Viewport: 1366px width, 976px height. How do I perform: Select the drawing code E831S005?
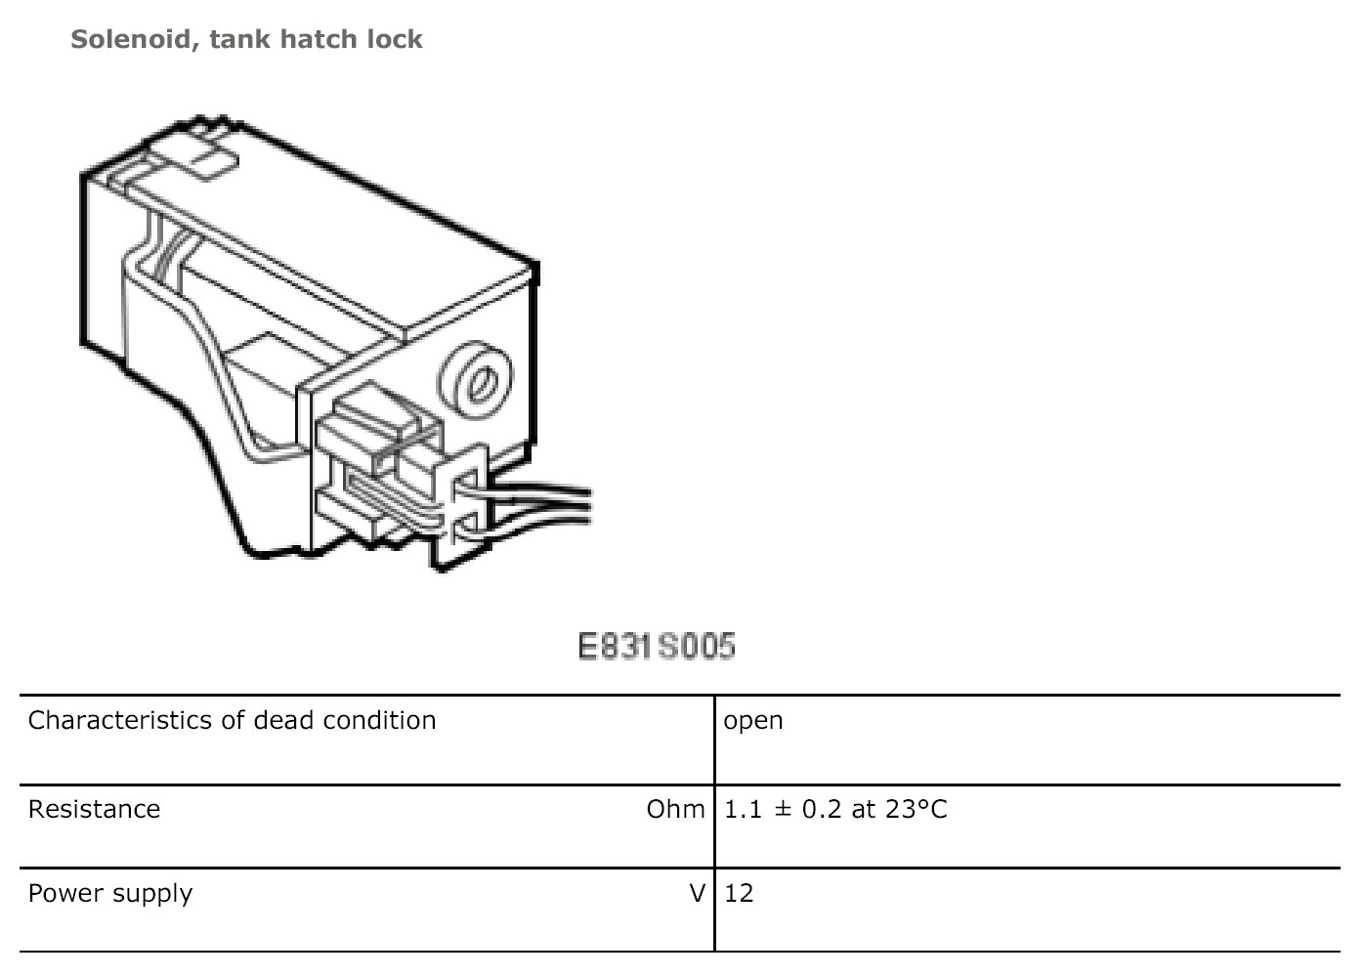(656, 647)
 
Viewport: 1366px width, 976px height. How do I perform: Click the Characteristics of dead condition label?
(232, 721)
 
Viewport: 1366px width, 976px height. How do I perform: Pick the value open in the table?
(752, 721)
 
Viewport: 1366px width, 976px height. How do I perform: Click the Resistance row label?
(94, 810)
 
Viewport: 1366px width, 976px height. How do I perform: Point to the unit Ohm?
(674, 810)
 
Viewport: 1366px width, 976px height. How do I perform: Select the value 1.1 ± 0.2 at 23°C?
(835, 810)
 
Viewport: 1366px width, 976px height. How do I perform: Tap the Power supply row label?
(109, 894)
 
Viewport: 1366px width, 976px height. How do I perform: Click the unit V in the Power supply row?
(697, 894)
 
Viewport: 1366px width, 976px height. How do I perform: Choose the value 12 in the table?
(739, 894)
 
